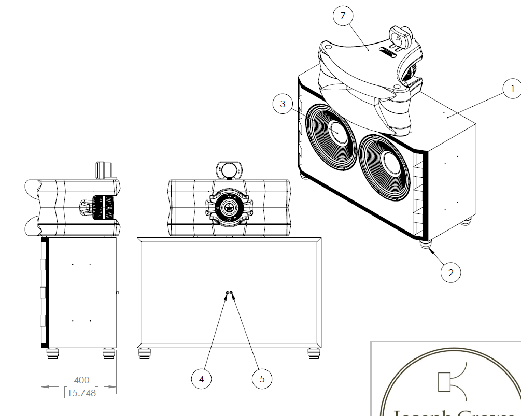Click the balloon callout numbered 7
click(343, 16)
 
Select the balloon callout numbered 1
click(513, 89)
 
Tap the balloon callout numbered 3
click(283, 104)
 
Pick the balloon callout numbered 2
click(450, 272)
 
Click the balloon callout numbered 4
click(201, 379)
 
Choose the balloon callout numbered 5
click(262, 379)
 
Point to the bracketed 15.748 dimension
click(81, 393)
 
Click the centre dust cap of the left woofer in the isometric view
click(337, 132)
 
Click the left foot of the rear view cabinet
click(145, 353)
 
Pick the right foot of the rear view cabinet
click(314, 353)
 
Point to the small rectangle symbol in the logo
click(444, 382)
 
